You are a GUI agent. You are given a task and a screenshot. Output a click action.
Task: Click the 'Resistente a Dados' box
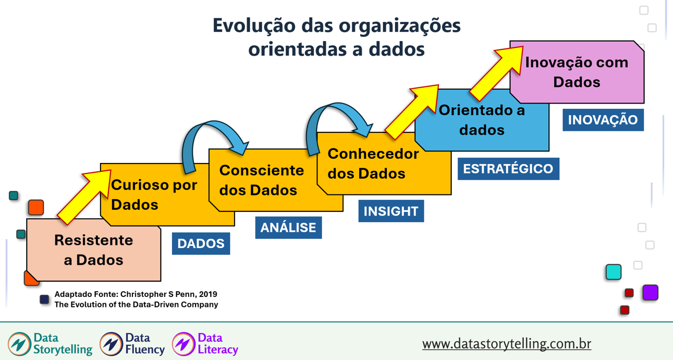[94, 250]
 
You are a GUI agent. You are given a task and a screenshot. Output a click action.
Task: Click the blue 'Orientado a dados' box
[482, 120]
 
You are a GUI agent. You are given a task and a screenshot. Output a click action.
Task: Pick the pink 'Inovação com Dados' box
[577, 72]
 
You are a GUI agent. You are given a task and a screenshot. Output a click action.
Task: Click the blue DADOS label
[201, 244]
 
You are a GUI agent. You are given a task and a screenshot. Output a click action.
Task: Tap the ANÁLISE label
[288, 228]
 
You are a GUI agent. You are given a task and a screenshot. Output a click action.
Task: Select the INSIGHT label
[391, 211]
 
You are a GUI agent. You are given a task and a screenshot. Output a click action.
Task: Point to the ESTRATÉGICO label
[508, 169]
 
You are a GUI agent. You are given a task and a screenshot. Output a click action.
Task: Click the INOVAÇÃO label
[603, 120]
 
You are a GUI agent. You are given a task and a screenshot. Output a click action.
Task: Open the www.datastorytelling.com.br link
[506, 344]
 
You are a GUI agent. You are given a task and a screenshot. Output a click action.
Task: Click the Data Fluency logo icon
[111, 344]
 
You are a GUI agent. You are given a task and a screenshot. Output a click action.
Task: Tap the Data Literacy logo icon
[183, 344]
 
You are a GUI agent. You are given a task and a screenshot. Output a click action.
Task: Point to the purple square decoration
[650, 292]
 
